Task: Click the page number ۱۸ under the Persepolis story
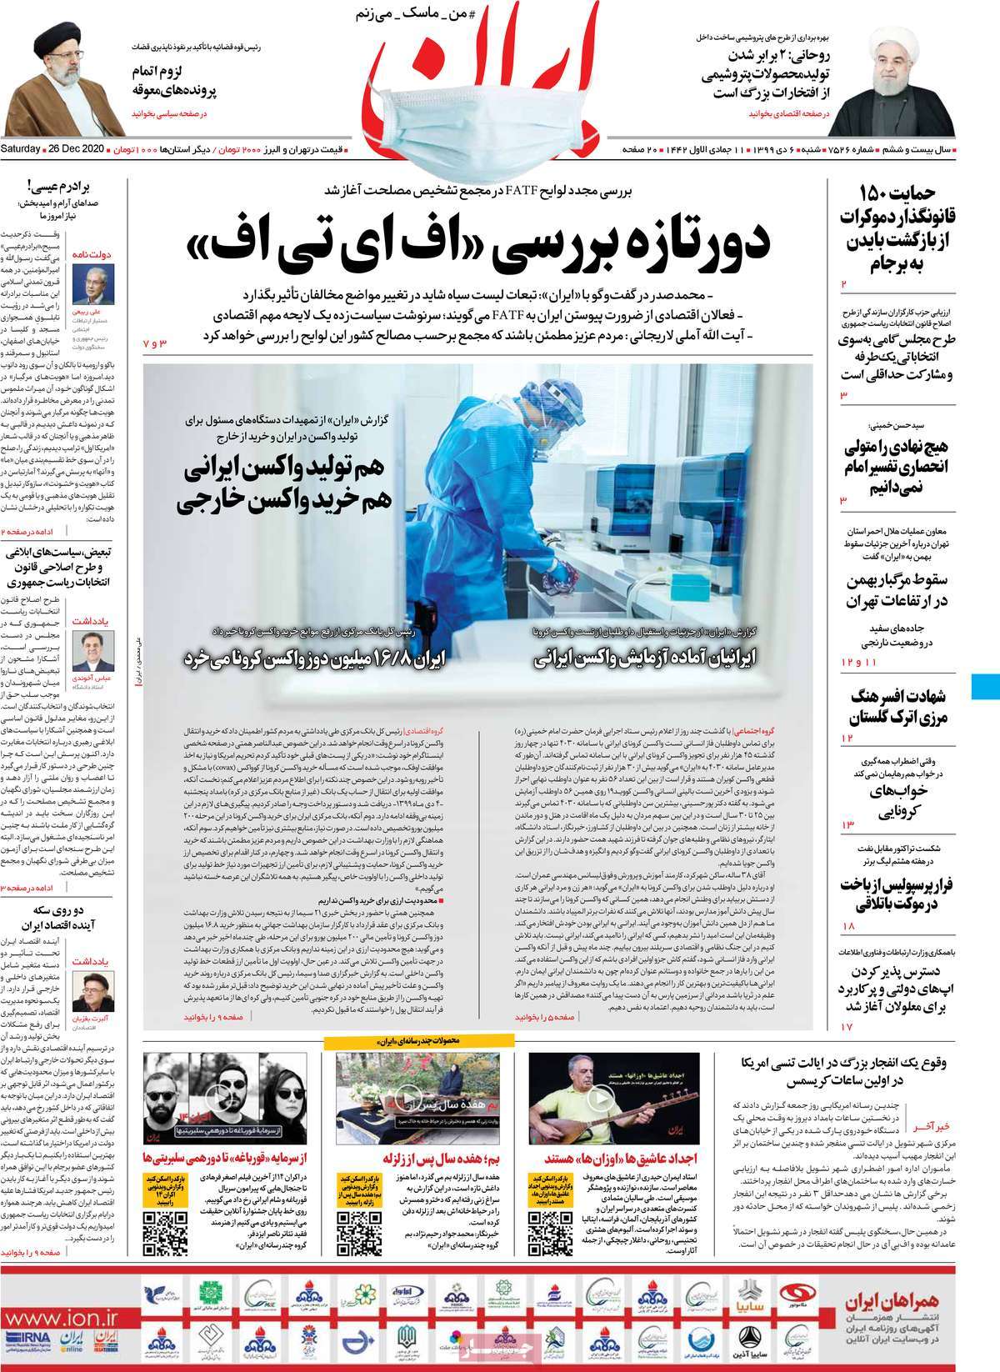pyautogui.click(x=848, y=927)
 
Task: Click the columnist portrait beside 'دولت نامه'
pyautogui.click(x=98, y=285)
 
